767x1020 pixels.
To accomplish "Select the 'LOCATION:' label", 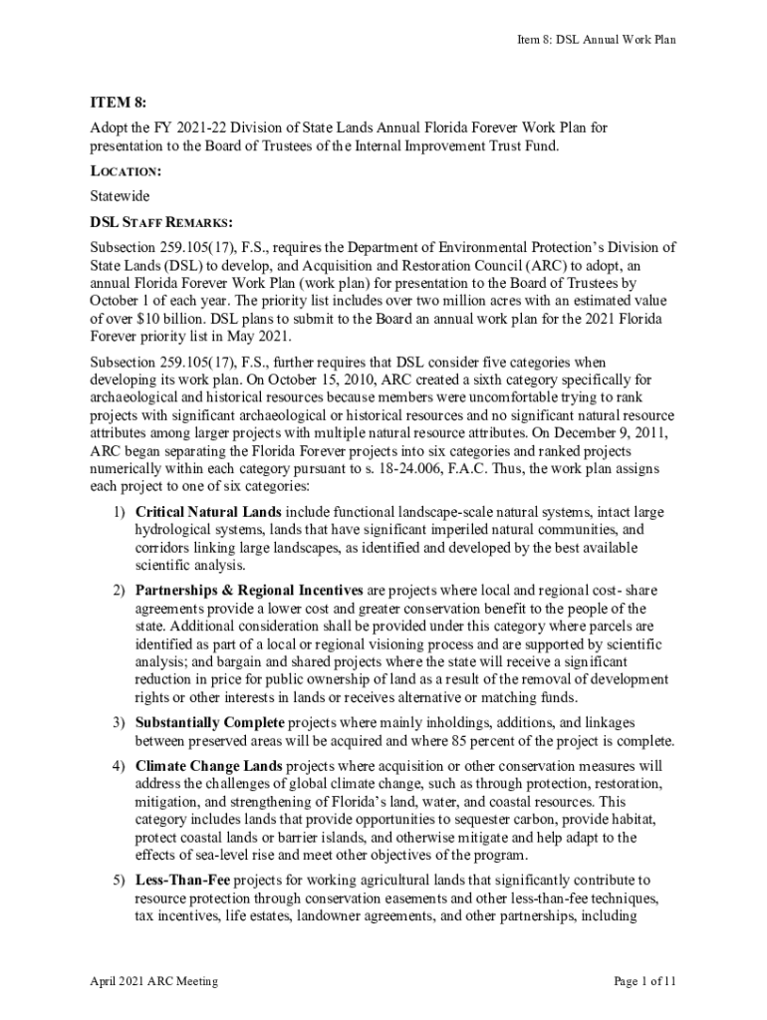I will (x=126, y=171).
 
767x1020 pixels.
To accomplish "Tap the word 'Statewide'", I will (x=119, y=196).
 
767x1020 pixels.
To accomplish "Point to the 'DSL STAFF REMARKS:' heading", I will (x=161, y=221).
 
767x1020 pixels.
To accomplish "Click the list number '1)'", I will (x=118, y=512).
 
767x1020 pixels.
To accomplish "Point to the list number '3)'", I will (x=118, y=722).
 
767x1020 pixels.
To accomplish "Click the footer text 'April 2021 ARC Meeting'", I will (x=153, y=981).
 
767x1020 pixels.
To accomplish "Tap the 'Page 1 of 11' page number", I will (x=645, y=981).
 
